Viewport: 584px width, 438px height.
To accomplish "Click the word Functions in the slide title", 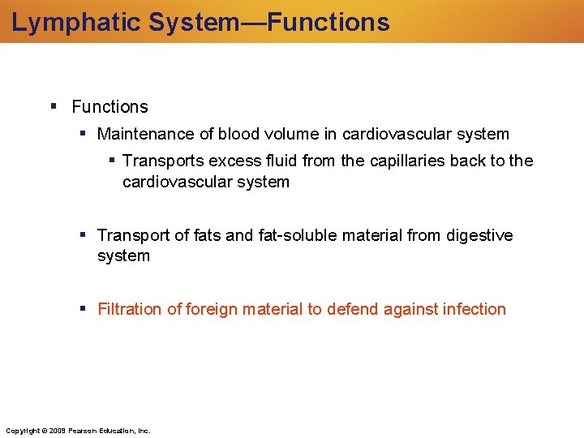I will click(x=328, y=22).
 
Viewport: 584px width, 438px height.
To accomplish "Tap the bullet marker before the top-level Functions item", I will click(x=53, y=106).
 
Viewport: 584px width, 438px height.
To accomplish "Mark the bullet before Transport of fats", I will click(x=83, y=234).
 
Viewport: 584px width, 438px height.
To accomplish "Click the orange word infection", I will click(x=474, y=309).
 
